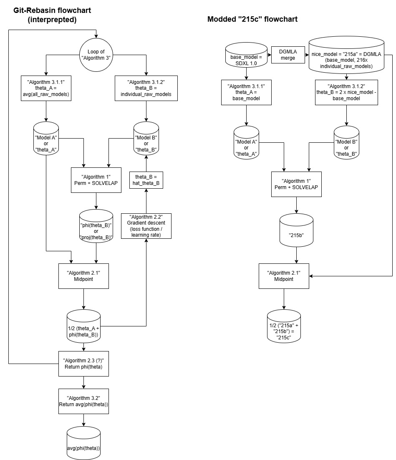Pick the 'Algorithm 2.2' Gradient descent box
coord(146,226)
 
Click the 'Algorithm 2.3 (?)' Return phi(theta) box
coord(83,363)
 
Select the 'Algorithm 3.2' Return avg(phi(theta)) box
coord(83,401)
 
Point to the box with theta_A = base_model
coord(246,92)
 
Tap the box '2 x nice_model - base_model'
coord(346,92)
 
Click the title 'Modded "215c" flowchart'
coord(252,19)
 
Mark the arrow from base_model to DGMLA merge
coord(269,54)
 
